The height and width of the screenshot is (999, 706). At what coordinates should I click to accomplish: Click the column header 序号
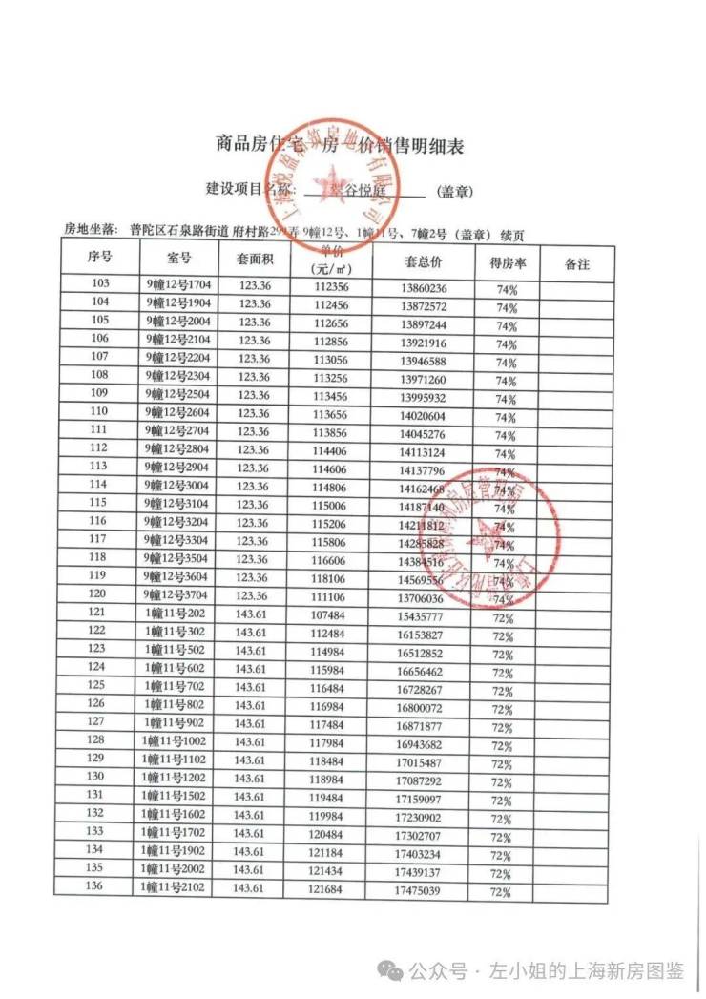[100, 258]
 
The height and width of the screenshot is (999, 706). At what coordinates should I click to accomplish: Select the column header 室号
[179, 258]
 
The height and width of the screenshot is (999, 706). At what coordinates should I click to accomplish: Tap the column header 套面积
[255, 259]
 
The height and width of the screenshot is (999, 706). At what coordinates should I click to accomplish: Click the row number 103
[99, 283]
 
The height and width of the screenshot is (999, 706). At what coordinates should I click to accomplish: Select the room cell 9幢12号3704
[179, 595]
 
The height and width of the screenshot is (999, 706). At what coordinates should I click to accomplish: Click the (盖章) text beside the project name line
[455, 192]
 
